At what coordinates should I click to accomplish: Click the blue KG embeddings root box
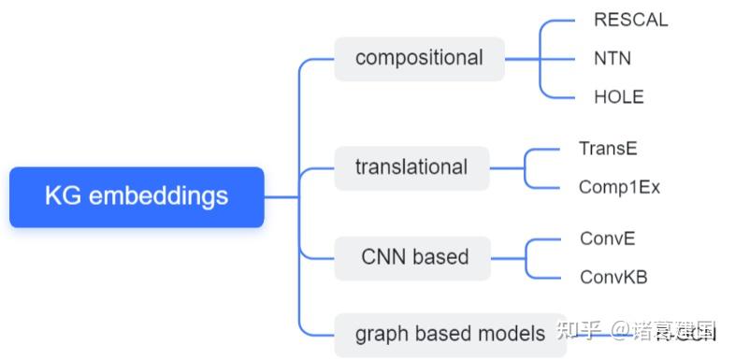tap(137, 196)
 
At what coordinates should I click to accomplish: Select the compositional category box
tap(419, 58)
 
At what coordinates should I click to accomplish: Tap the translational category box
tap(411, 167)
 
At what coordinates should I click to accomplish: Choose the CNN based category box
tap(412, 256)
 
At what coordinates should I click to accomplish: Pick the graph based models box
tap(450, 334)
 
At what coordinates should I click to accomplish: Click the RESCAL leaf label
tap(630, 20)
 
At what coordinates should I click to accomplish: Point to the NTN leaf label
tap(612, 58)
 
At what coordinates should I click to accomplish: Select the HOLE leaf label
tap(618, 96)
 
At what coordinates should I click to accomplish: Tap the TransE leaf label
tap(608, 148)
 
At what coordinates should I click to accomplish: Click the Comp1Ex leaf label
tap(619, 187)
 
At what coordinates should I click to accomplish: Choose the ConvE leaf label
tap(607, 238)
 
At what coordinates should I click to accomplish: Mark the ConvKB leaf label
tap(613, 277)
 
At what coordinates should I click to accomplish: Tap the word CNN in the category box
tap(381, 256)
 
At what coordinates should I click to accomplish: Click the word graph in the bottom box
tap(379, 334)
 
